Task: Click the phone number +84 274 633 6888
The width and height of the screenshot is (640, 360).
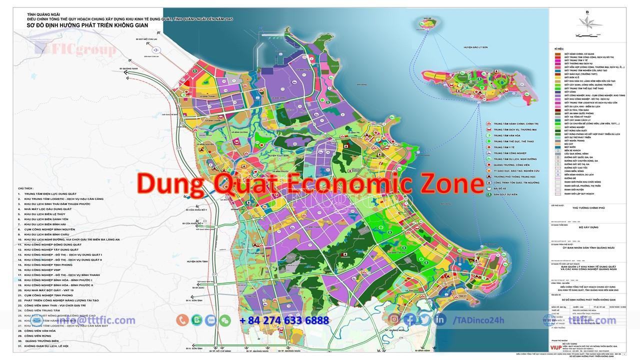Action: (x=284, y=320)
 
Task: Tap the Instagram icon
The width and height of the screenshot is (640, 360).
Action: (x=395, y=319)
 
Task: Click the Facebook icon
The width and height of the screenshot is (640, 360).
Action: (x=410, y=319)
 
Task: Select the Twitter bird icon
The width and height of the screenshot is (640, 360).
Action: (x=425, y=319)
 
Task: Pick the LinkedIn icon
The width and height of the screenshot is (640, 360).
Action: (x=440, y=319)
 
